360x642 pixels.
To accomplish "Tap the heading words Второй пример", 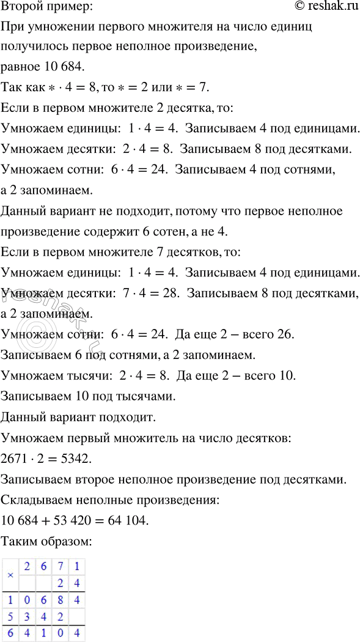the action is pyautogui.click(x=48, y=7).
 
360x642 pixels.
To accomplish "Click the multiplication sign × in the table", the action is pyautogui.click(x=10, y=575).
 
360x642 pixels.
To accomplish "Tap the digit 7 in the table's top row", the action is pyautogui.click(x=60, y=566).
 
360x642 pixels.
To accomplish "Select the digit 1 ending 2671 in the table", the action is pyautogui.click(x=76, y=566).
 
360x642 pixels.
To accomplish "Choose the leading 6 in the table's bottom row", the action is pyautogui.click(x=10, y=634).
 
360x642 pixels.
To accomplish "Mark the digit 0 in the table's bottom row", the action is pyautogui.click(x=60, y=634).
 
